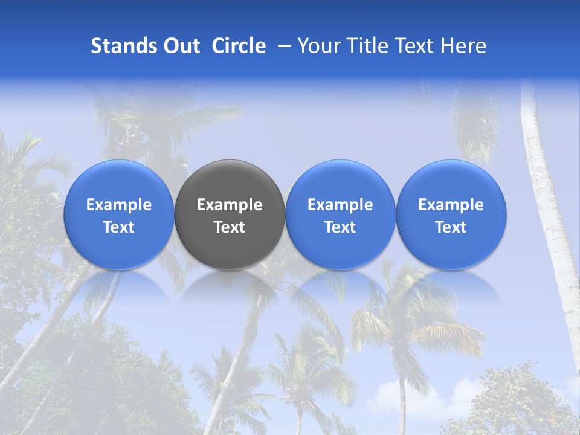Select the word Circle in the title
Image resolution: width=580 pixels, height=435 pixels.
coord(239,46)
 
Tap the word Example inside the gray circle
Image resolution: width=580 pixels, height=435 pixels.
coord(230,205)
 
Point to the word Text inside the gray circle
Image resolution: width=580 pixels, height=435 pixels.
coord(230,227)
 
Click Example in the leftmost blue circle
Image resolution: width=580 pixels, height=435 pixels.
coord(119,205)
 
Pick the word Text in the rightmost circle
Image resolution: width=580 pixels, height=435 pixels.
coord(451,227)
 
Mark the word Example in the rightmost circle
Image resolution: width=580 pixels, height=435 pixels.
coord(451,205)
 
